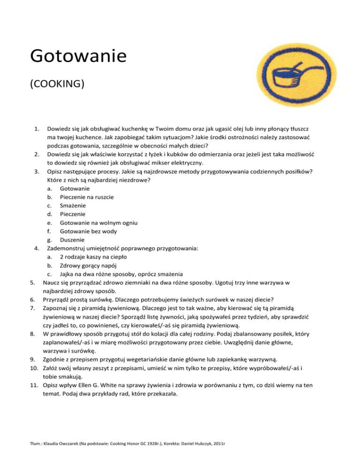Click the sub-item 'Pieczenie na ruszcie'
[86, 197]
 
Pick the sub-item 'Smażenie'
[73, 206]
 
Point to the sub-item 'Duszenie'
[72, 240]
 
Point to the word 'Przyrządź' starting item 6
[57, 301]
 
